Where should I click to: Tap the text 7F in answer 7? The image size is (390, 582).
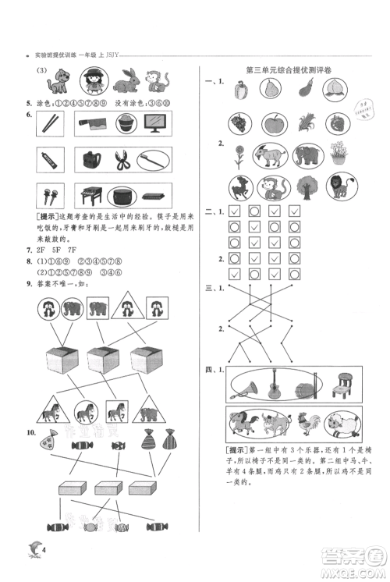pyautogui.click(x=73, y=250)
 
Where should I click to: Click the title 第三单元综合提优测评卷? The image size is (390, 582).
pyautogui.click(x=289, y=70)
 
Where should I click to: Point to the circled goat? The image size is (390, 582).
pyautogui.click(x=271, y=155)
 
